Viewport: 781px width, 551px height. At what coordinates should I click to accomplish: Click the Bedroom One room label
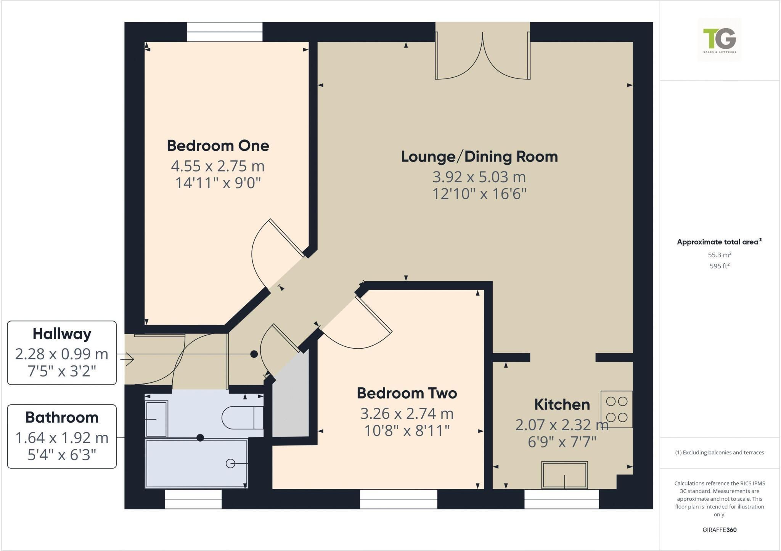tap(218, 146)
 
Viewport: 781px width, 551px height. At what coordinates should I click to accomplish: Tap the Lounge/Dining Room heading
tap(479, 157)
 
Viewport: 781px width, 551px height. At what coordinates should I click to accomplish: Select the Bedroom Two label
tap(407, 393)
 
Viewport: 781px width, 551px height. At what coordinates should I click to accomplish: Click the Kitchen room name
tap(562, 404)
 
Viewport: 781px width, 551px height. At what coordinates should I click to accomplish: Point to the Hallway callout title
tap(62, 334)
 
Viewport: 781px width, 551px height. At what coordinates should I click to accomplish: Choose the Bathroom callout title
tap(62, 417)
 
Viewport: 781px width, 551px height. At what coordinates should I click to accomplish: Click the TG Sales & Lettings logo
tap(720, 40)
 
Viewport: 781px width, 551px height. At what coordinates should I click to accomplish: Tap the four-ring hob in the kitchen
tap(617, 409)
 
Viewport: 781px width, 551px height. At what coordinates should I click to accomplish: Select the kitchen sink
tap(564, 475)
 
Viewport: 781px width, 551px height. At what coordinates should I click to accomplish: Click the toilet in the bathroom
tap(243, 418)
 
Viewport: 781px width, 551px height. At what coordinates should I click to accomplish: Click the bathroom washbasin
tap(157, 419)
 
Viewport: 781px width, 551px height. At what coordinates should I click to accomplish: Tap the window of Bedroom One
tap(225, 32)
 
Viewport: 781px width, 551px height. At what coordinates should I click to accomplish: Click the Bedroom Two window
tap(399, 499)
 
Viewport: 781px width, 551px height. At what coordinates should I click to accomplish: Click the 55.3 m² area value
tap(719, 255)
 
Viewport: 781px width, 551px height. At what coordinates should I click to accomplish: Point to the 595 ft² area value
tap(719, 266)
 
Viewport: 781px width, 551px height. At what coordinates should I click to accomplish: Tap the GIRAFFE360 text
tap(719, 530)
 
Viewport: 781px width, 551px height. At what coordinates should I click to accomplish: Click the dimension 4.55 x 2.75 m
tap(218, 166)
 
